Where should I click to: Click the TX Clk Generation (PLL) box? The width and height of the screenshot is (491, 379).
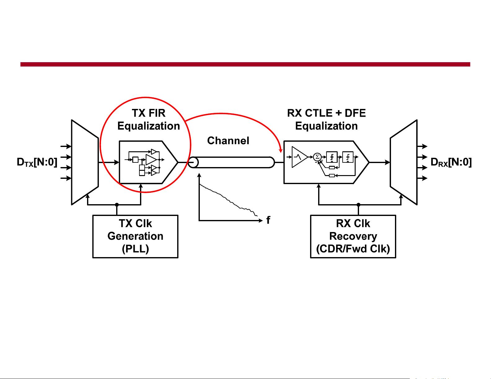pos(135,236)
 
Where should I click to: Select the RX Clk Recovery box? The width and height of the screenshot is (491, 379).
pos(353,236)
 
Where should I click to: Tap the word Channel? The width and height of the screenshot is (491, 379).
pos(228,141)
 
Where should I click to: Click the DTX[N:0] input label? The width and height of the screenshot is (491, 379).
pos(37,162)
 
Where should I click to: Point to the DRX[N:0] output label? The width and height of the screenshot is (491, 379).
pos(451,162)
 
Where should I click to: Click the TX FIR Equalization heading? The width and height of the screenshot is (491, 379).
pos(149,120)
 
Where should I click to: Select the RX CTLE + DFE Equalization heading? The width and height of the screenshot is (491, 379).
pos(327,120)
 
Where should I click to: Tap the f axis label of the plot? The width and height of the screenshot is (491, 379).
pos(268,220)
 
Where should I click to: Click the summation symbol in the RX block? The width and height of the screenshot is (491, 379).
pos(317,157)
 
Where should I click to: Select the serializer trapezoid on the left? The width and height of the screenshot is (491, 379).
pos(85,162)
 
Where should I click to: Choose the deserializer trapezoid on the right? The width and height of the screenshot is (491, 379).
pos(403,162)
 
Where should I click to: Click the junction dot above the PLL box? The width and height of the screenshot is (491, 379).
pos(117,205)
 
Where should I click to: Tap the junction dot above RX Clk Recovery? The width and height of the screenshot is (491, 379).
pos(358,205)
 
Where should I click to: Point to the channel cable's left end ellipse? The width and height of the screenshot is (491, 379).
pos(193,162)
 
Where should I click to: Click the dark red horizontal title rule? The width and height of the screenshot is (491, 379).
pos(245,64)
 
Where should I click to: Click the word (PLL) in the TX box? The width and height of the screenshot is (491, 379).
pos(135,249)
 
